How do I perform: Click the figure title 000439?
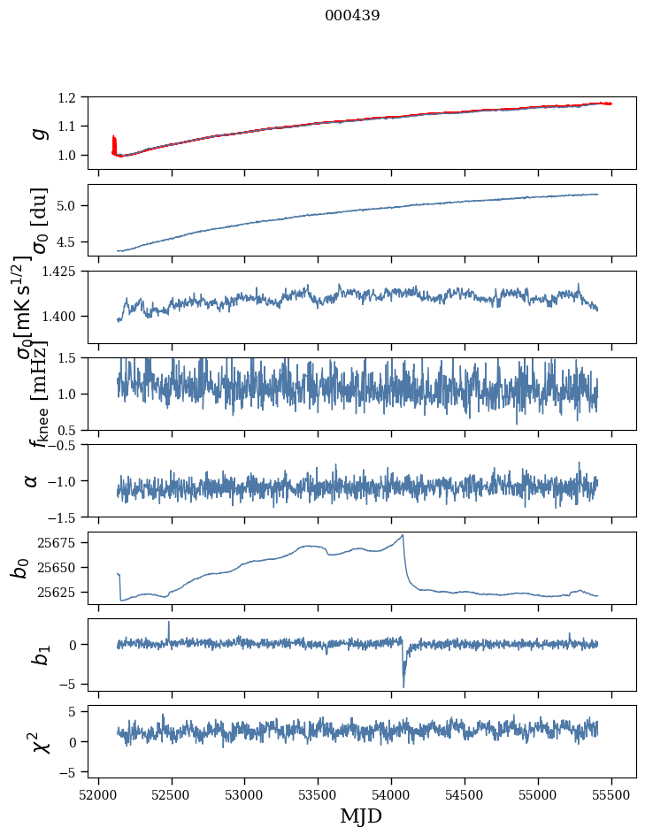pos(352,15)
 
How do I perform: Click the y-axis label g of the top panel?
pos(38,133)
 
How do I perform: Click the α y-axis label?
pos(31,479)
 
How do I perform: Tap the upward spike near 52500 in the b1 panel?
pos(169,623)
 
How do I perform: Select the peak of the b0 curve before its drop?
pos(403,535)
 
